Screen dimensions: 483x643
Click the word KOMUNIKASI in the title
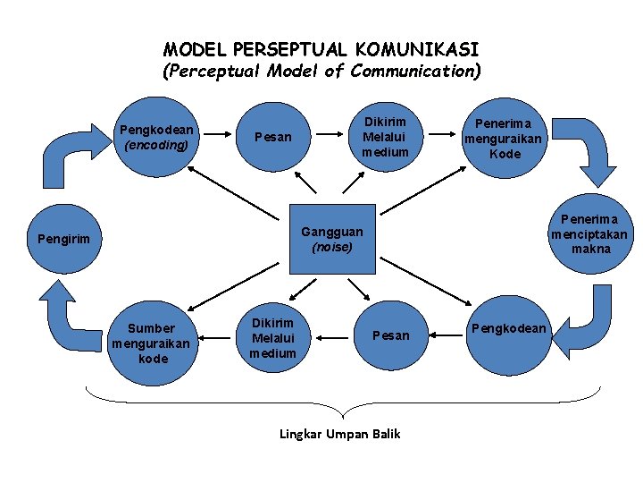coord(417,49)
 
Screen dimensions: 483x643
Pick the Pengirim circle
coord(64,239)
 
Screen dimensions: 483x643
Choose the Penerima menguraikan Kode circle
coord(505,139)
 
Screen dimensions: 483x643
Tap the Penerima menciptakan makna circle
coord(590,233)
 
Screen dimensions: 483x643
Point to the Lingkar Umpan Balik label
coord(340,434)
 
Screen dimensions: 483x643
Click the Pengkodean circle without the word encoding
coord(508,328)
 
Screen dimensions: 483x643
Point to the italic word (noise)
coord(332,247)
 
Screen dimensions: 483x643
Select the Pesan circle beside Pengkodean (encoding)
coord(272,137)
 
